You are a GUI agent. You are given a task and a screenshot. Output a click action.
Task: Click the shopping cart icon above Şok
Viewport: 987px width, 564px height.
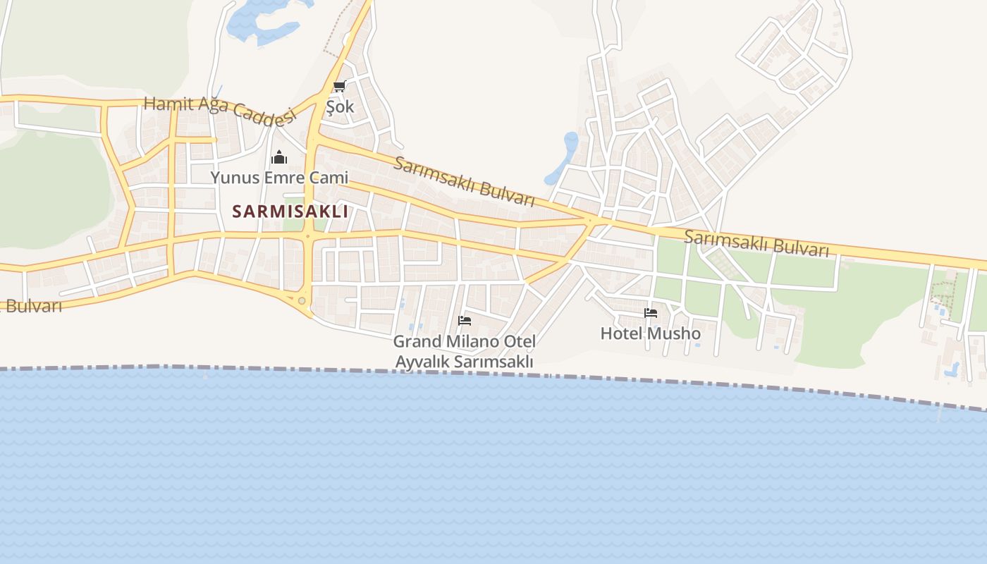340,87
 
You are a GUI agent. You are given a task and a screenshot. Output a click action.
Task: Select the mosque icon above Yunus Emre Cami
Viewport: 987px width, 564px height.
279,157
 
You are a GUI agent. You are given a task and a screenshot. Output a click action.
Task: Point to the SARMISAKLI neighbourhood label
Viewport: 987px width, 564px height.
290,211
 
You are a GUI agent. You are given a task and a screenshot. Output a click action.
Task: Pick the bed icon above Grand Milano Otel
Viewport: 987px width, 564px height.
465,320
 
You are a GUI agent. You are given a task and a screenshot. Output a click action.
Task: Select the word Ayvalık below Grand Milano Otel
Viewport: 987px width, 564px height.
421,362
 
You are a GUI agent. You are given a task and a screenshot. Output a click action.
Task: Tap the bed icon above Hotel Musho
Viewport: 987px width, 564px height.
651,312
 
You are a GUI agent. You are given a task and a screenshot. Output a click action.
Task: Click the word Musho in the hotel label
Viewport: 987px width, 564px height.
675,333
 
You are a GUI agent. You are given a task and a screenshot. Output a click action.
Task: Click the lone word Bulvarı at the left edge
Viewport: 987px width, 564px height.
34,306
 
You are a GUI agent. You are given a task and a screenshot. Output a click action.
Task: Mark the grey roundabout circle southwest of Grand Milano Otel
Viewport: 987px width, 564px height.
302,301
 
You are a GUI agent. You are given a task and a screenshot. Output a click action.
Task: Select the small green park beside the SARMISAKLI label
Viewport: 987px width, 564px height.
295,224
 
